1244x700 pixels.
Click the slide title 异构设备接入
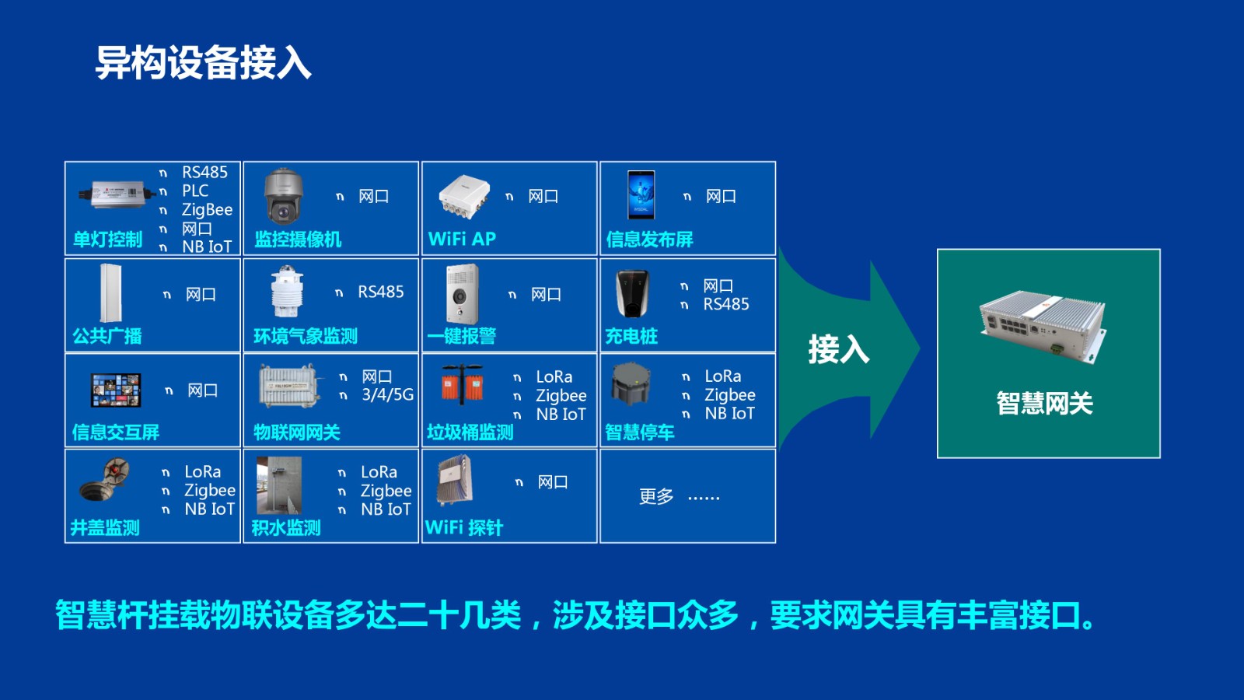(203, 62)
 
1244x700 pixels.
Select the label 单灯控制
(107, 240)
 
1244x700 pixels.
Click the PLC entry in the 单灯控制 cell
(195, 191)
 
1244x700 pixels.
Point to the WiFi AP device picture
(464, 196)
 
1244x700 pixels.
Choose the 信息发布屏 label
(649, 240)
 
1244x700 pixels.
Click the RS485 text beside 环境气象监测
(380, 292)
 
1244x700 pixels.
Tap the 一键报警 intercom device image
(462, 294)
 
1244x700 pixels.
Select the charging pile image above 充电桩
(632, 293)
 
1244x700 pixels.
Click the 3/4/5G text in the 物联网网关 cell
(387, 394)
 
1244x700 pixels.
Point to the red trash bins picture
(462, 385)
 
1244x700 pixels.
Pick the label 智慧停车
(639, 432)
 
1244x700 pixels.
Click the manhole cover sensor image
(107, 480)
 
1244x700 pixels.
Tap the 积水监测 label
(285, 528)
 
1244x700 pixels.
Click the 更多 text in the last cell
(656, 496)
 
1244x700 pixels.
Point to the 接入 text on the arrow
(838, 349)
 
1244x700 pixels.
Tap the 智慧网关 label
(1044, 404)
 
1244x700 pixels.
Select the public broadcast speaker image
(110, 293)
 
